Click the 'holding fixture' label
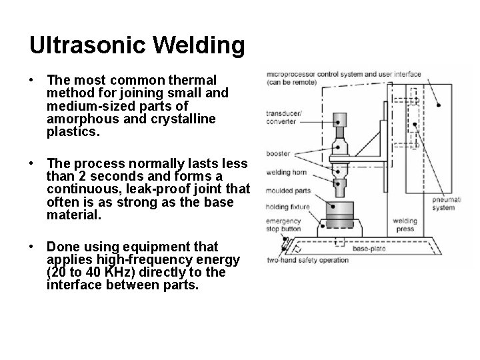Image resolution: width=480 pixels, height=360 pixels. click(x=288, y=207)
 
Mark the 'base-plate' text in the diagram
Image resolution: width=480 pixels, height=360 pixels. click(x=369, y=249)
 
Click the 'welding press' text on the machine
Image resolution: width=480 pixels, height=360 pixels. click(x=405, y=225)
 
